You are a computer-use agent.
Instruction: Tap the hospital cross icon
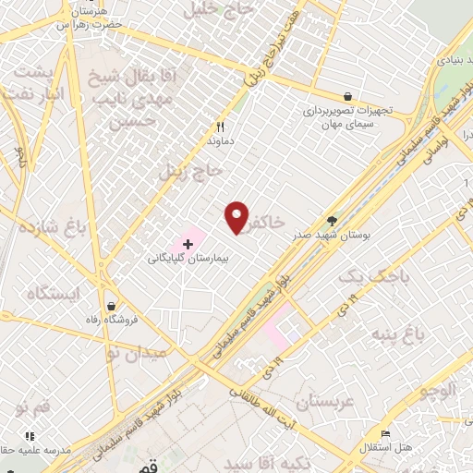[x=188, y=244]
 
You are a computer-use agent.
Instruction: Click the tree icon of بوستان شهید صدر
[x=332, y=221]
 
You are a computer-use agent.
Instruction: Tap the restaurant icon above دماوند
[x=220, y=127]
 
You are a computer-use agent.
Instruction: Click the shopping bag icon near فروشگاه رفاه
[x=111, y=306]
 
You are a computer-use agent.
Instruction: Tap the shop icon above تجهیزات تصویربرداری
[x=346, y=95]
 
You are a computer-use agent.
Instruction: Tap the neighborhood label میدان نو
[x=136, y=353]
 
